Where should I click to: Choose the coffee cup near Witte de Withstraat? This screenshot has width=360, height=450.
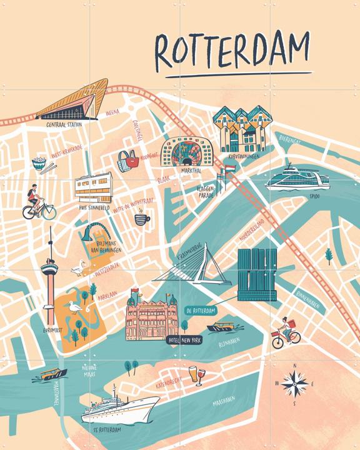[142, 218]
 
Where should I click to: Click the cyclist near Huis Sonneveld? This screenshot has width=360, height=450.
[36, 203]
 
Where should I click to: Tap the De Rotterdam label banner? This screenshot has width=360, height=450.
[200, 311]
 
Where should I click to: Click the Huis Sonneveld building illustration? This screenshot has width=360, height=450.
[93, 186]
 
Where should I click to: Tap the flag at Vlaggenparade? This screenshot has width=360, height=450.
[229, 167]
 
